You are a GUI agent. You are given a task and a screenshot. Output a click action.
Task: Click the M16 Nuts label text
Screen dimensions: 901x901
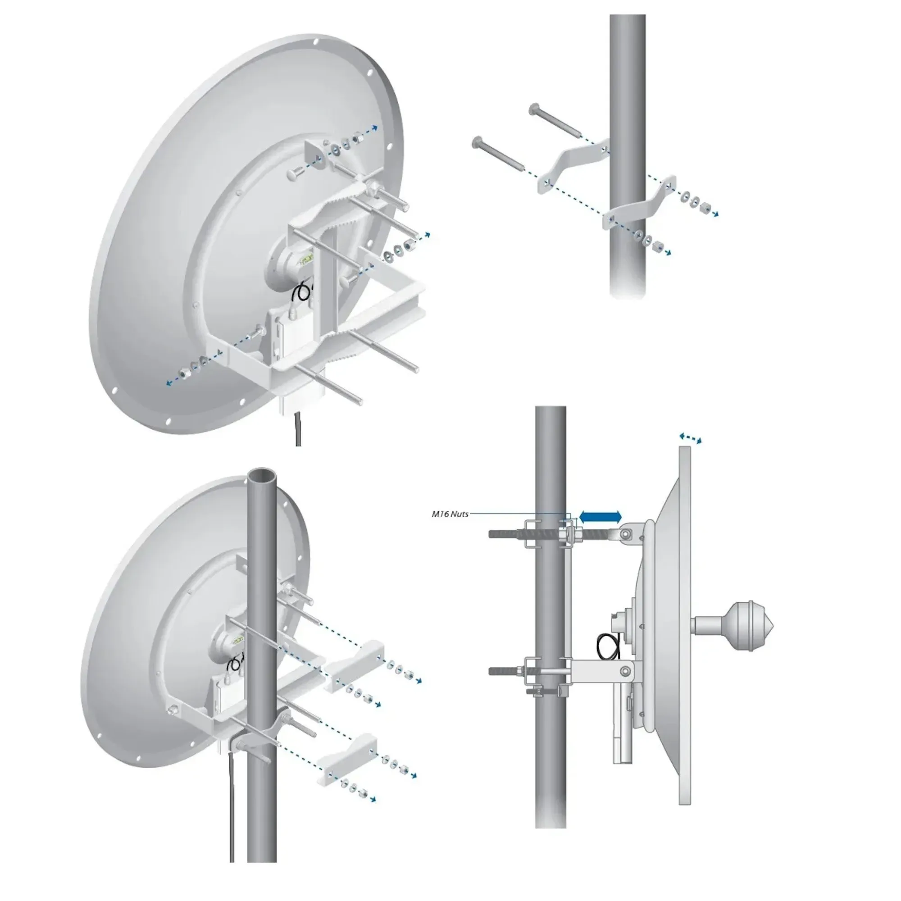(x=450, y=514)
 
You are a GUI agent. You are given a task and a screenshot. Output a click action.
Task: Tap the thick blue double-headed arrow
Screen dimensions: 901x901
(x=600, y=516)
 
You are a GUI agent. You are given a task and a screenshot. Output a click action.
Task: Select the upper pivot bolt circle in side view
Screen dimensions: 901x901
(x=627, y=532)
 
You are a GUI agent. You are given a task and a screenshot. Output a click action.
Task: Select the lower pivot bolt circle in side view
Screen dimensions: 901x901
(x=626, y=671)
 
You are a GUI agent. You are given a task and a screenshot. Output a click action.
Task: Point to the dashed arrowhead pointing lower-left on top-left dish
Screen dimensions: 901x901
(x=169, y=383)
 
